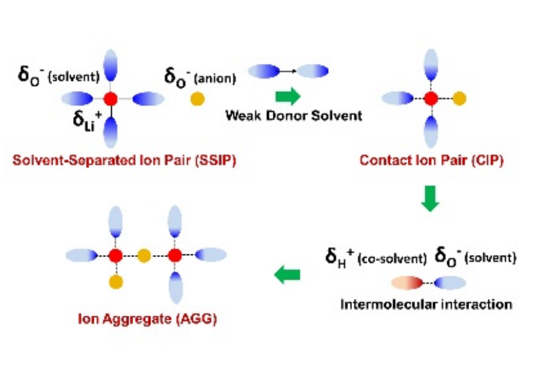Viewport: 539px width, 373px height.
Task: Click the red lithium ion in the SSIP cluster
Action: [111, 99]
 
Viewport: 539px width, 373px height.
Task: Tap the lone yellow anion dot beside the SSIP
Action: [197, 99]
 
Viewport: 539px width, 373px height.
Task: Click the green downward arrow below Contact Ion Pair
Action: [431, 199]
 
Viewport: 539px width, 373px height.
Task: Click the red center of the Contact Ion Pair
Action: [431, 99]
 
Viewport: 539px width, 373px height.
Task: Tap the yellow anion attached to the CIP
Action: [459, 99]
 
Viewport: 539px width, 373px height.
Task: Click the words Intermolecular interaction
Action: [426, 305]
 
